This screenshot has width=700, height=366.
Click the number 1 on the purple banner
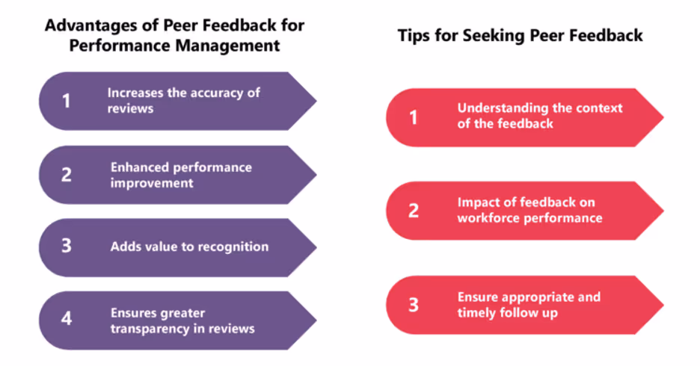pyautogui.click(x=66, y=100)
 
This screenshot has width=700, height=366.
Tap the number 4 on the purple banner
pyautogui.click(x=67, y=319)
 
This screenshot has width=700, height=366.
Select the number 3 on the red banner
pyautogui.click(x=414, y=305)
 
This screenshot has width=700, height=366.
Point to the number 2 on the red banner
pyautogui.click(x=414, y=210)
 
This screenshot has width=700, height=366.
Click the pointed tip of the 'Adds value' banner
pyautogui.click(x=316, y=246)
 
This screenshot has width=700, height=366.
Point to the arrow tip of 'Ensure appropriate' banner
pyautogui.click(x=663, y=305)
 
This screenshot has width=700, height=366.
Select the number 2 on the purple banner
pyautogui.click(x=67, y=174)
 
